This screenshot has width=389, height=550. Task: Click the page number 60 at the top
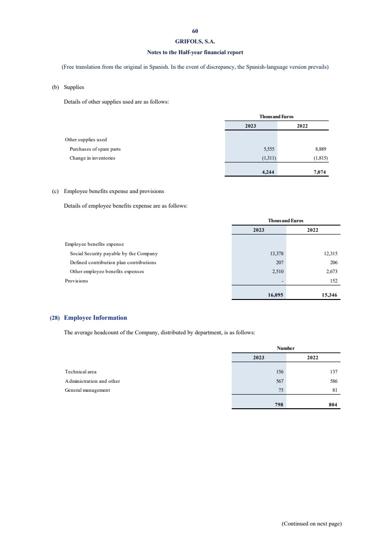pyautogui.click(x=195, y=31)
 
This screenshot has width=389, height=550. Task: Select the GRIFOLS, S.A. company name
pyautogui.click(x=195, y=41)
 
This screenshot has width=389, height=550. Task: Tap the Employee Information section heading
pyautogui.click(x=95, y=318)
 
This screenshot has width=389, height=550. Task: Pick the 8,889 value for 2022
pyautogui.click(x=321, y=149)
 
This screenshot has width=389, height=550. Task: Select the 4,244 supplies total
pyautogui.click(x=268, y=172)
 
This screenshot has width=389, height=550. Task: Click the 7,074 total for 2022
pyautogui.click(x=320, y=172)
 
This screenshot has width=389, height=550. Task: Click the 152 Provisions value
pyautogui.click(x=334, y=281)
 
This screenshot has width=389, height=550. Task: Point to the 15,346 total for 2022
pyautogui.click(x=330, y=296)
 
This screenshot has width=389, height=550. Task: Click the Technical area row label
pyautogui.click(x=81, y=372)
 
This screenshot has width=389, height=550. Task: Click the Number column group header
pyautogui.click(x=285, y=348)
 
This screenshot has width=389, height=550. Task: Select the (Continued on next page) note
pyautogui.click(x=311, y=524)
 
